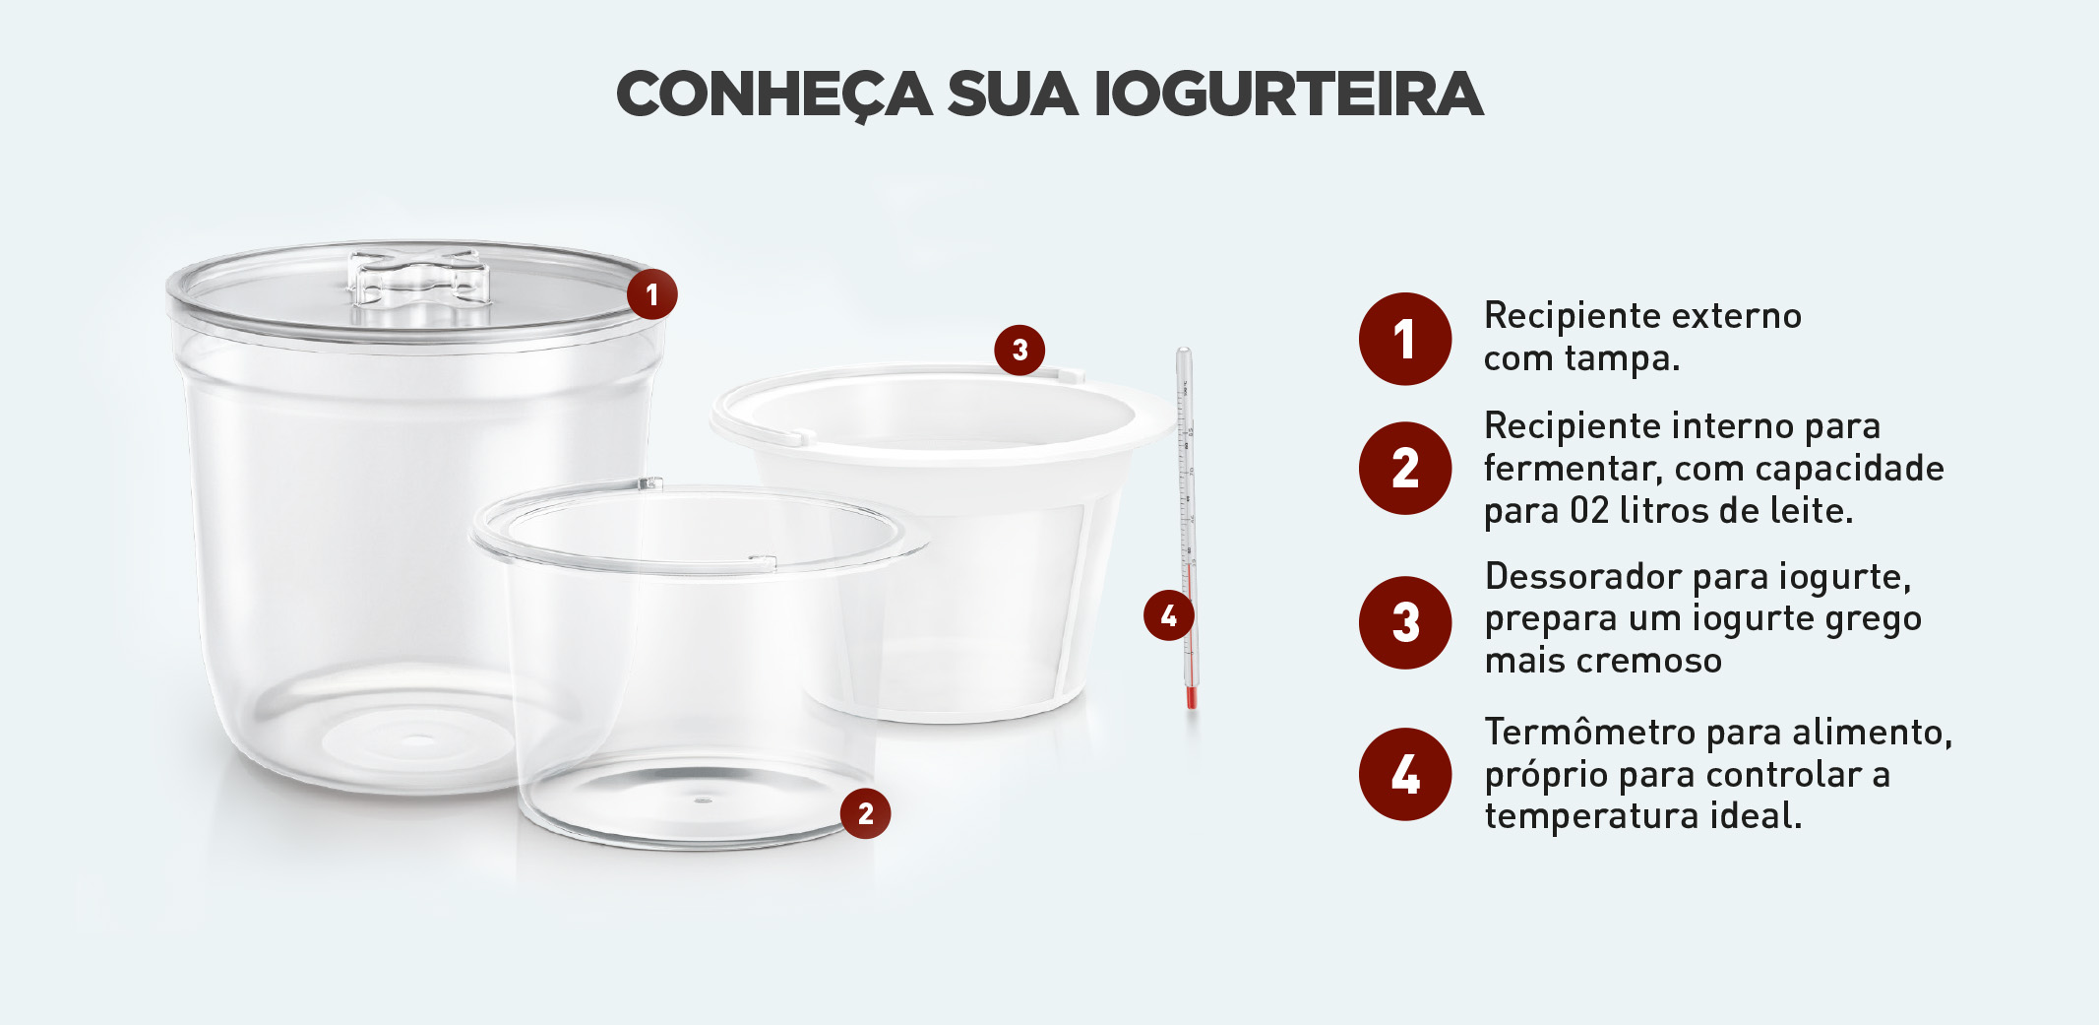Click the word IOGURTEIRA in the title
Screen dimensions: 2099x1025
(x=1288, y=95)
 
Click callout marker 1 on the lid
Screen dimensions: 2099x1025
(x=651, y=293)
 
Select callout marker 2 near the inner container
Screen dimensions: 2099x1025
(x=865, y=813)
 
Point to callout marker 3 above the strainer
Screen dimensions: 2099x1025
(x=1019, y=350)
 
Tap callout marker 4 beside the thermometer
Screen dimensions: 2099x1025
(x=1168, y=615)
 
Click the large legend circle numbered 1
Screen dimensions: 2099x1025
(x=1405, y=339)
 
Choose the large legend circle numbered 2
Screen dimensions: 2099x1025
(x=1405, y=468)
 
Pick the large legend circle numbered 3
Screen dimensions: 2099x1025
(x=1405, y=622)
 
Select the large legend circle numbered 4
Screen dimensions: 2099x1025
(x=1405, y=774)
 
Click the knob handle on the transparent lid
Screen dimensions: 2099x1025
(x=420, y=279)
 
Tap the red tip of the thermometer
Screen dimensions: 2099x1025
(x=1191, y=698)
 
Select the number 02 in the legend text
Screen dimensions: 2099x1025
(x=1589, y=510)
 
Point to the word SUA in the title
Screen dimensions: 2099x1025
(x=1013, y=95)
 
